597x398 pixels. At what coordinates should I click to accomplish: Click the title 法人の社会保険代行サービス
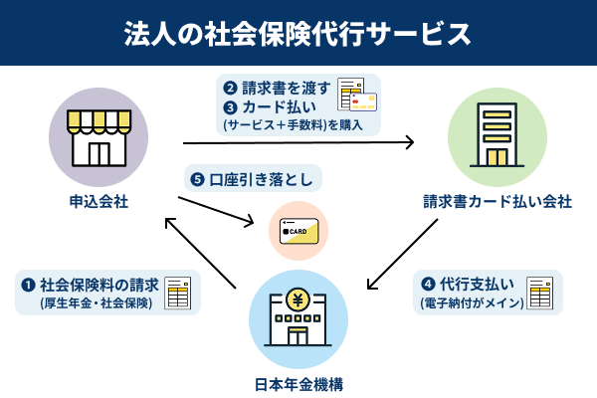(x=298, y=34)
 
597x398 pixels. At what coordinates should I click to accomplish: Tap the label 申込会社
(x=99, y=202)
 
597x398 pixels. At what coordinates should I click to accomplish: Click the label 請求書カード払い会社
(x=497, y=202)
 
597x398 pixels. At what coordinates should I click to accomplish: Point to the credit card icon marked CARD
(x=298, y=233)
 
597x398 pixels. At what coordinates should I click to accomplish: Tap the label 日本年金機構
(x=298, y=383)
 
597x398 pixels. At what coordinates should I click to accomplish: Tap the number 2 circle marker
(x=231, y=87)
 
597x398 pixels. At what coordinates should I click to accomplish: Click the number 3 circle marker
(x=231, y=106)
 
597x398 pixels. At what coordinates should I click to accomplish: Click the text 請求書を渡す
(x=289, y=87)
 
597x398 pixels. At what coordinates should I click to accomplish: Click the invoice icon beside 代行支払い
(x=539, y=293)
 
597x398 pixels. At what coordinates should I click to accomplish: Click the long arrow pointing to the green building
(x=298, y=143)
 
